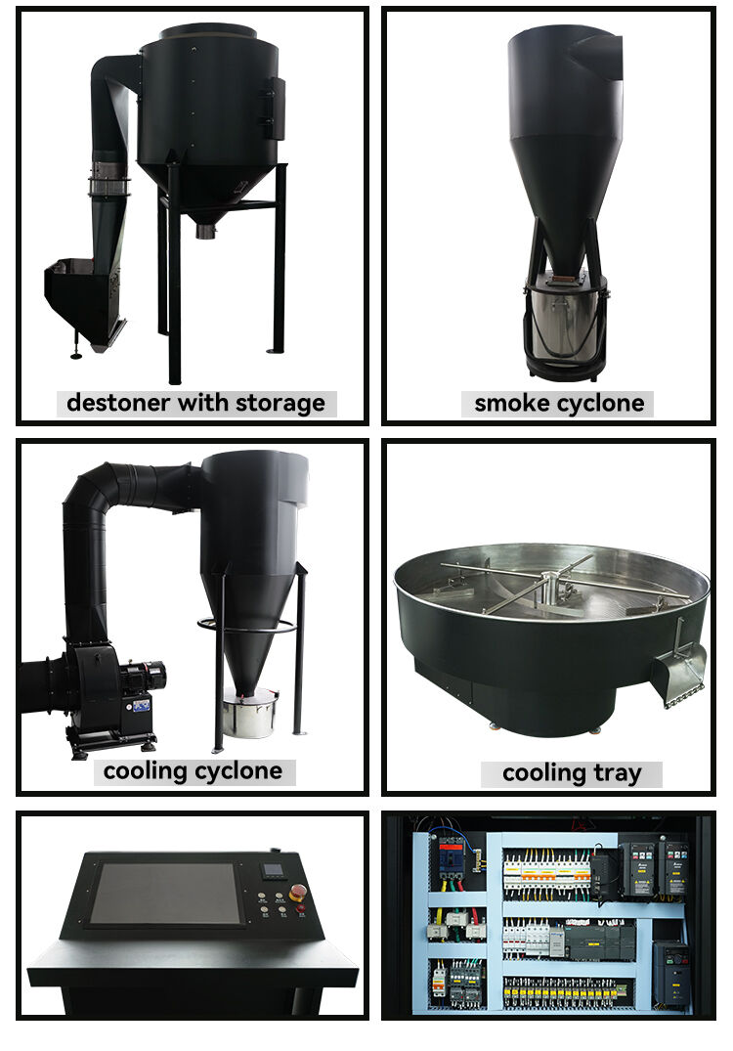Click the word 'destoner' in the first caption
[x=109, y=402]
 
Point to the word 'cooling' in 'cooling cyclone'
[x=145, y=771]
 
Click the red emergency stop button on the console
[x=298, y=891]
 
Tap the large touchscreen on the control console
[x=164, y=893]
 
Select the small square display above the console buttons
[x=275, y=869]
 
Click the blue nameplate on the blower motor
[x=141, y=704]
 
